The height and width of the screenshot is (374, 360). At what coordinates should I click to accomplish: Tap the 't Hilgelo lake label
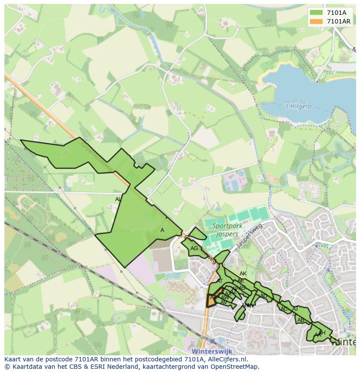(297, 106)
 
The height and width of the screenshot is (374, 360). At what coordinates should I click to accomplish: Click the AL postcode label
(118, 199)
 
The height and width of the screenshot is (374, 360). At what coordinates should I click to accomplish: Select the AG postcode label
(194, 248)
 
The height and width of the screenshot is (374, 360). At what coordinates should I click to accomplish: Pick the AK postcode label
(243, 274)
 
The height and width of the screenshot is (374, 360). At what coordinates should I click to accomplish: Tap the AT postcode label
(220, 281)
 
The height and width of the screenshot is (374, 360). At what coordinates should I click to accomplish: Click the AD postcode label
(263, 296)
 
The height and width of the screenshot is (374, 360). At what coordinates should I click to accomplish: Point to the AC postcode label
(284, 309)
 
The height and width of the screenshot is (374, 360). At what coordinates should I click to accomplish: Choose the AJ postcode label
(295, 309)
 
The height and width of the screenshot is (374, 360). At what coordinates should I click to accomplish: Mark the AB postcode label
(301, 320)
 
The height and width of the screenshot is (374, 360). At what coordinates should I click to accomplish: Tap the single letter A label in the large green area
(162, 230)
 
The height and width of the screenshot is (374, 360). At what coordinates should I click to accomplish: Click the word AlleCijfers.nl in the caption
(226, 359)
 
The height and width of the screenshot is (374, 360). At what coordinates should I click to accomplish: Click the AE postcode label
(241, 281)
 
